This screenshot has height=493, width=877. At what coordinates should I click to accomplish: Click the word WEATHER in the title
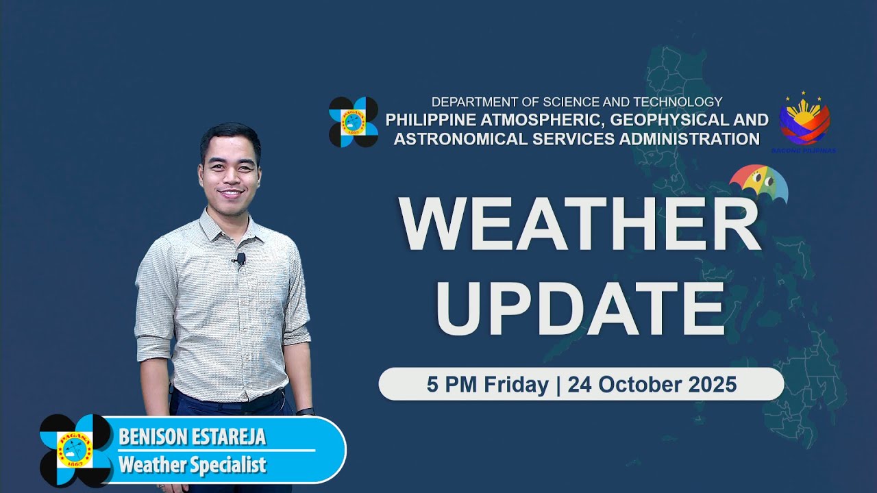580,224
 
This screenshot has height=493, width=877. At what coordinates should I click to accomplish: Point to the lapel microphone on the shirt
240,260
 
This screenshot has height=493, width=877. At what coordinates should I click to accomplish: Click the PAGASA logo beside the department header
353,122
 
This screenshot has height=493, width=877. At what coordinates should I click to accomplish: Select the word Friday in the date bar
516,385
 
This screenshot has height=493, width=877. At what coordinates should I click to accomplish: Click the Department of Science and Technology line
576,102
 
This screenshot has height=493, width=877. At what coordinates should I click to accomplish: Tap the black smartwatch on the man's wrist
306,412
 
